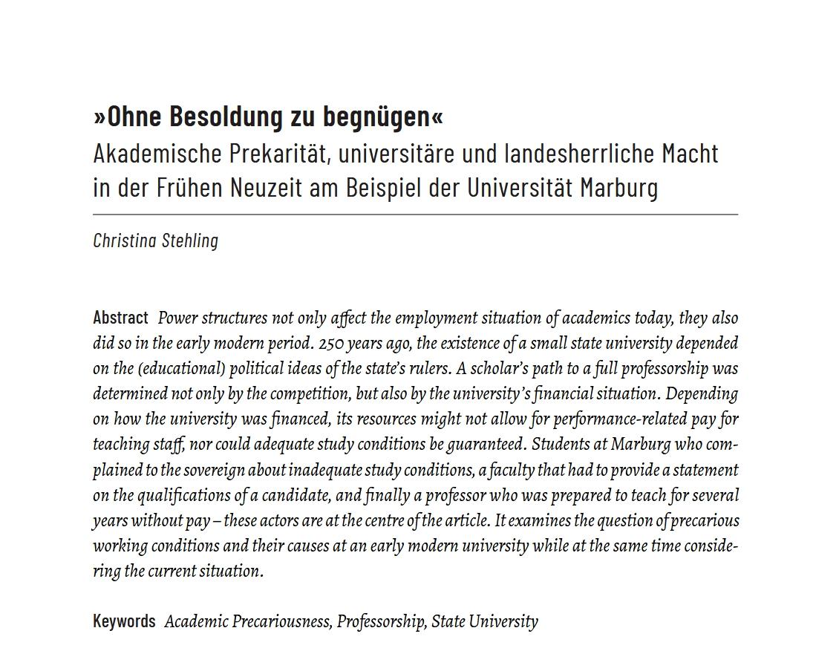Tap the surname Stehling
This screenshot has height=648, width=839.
190,240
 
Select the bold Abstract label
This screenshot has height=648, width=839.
120,318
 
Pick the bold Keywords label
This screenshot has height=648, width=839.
124,621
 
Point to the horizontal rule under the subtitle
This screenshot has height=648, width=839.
416,215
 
